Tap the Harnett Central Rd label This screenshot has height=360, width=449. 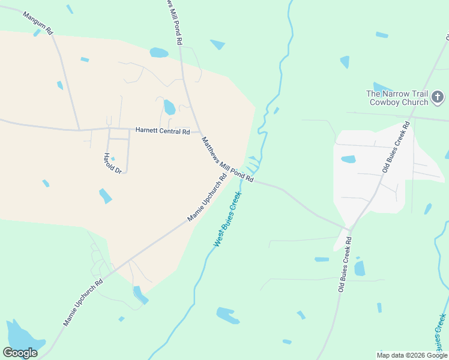coord(162,131)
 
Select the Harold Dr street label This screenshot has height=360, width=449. coord(113,163)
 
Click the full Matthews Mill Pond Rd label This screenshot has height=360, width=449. coord(228,160)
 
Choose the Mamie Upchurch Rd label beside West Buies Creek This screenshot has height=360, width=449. coord(207,198)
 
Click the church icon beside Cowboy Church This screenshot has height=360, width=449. coord(438,97)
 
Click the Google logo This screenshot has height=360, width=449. coord(20,353)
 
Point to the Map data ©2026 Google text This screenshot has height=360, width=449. coord(412,355)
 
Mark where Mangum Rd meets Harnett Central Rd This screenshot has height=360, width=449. coord(80,130)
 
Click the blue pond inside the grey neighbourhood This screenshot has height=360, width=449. coord(348,160)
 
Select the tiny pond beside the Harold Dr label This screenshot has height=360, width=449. coord(112,158)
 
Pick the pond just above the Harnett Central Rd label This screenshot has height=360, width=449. coord(169,107)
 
